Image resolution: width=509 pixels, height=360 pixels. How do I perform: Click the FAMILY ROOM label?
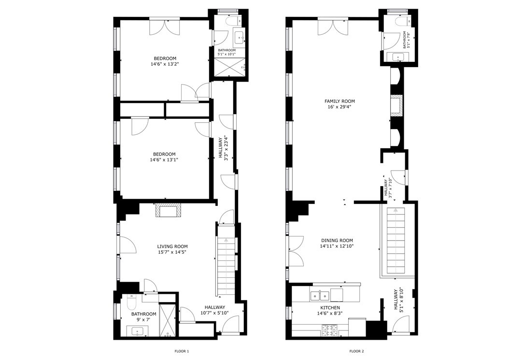[339, 101]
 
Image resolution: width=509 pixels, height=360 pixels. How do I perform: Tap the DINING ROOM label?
[337, 241]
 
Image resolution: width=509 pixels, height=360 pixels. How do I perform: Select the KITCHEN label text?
[330, 308]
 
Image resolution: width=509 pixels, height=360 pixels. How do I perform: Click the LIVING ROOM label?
[172, 246]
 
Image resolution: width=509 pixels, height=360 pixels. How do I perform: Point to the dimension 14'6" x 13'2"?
[165, 64]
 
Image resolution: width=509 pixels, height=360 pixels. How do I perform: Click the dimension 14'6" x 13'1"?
[164, 159]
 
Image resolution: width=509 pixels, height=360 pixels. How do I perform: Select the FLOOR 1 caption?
[182, 351]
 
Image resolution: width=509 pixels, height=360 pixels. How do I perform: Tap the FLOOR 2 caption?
[356, 351]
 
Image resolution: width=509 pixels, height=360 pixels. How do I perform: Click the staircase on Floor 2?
[396, 240]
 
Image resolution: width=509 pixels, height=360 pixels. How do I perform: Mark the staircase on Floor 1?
[226, 265]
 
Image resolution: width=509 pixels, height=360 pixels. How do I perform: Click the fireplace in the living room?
[168, 210]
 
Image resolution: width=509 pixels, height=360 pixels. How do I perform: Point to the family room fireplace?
[396, 105]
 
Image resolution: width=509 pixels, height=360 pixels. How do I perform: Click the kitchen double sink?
[320, 296]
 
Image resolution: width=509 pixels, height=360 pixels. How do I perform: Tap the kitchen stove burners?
[330, 330]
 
